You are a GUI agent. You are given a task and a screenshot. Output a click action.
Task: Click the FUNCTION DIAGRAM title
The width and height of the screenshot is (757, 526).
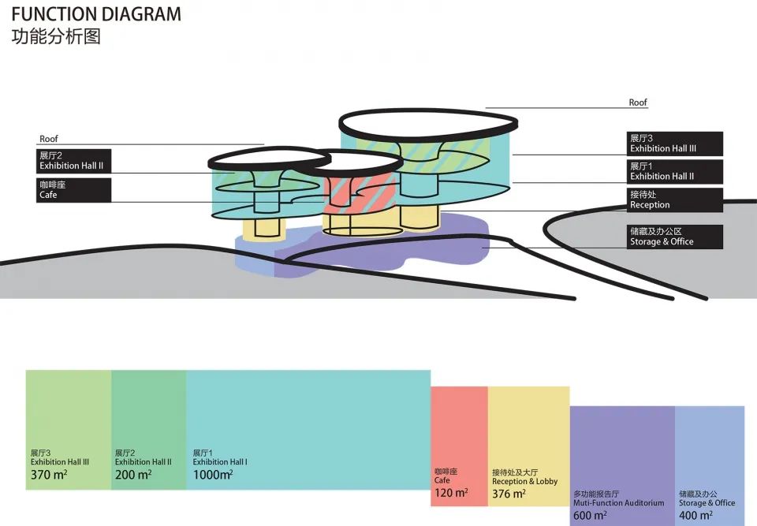96,14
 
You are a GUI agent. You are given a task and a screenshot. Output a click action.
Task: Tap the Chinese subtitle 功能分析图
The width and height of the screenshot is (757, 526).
56,37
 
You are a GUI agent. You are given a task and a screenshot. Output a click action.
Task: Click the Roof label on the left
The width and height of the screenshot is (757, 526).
49,139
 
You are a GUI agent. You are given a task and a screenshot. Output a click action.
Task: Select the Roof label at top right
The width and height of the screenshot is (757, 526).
638,103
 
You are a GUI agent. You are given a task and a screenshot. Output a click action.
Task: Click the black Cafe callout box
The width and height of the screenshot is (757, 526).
73,190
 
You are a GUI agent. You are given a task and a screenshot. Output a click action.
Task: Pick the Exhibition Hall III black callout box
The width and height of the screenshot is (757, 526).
675,144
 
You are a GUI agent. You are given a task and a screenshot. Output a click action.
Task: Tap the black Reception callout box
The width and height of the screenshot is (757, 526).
675,200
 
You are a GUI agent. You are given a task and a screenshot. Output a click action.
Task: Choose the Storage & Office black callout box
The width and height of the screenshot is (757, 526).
675,237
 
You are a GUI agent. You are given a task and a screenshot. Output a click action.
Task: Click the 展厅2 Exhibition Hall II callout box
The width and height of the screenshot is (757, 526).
73,161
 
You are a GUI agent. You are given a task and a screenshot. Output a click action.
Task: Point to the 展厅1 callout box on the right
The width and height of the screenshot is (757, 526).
675,171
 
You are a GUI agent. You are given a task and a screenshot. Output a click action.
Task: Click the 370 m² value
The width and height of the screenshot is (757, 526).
49,475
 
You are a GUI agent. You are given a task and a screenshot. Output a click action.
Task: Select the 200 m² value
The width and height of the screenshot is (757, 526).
133,475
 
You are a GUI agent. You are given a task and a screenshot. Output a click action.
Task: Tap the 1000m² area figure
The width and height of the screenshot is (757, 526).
213,475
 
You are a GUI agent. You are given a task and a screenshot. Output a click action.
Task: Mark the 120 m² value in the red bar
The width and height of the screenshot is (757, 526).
451,493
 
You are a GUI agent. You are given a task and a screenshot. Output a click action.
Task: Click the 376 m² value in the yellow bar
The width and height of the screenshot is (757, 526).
509,494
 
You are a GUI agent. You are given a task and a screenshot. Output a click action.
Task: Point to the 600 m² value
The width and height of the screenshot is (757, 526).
590,516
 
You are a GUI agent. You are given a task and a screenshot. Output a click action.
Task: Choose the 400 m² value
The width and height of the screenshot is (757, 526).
695,516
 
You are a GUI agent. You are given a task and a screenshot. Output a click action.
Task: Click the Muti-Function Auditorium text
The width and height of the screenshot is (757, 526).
618,503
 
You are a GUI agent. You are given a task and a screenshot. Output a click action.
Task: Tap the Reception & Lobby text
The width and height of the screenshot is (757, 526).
525,482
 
